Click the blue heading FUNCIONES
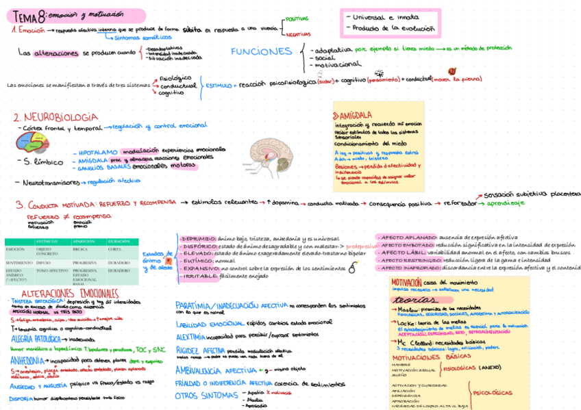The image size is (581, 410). [x=261, y=51]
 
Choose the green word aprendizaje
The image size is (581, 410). [x=508, y=203]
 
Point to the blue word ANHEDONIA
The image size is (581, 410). [x=27, y=358]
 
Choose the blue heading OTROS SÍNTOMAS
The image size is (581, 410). [x=203, y=395]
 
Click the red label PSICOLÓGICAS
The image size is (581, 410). [x=492, y=392]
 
